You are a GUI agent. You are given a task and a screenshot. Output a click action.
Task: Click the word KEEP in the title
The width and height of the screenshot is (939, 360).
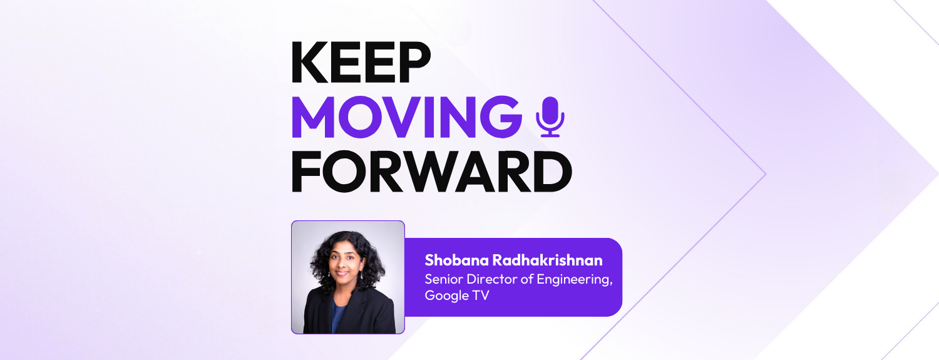pyautogui.click(x=361, y=64)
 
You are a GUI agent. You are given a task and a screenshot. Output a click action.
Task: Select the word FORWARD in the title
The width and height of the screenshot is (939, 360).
pyautogui.click(x=431, y=172)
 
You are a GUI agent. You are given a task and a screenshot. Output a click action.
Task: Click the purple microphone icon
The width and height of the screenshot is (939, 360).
pyautogui.click(x=550, y=116)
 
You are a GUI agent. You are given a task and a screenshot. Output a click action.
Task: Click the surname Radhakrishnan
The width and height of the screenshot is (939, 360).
pyautogui.click(x=545, y=260)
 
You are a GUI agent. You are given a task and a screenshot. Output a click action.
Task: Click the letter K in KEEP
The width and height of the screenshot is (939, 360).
pyautogui.click(x=307, y=64)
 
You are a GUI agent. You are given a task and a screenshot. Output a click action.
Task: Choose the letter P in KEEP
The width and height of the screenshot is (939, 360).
pyautogui.click(x=414, y=64)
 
